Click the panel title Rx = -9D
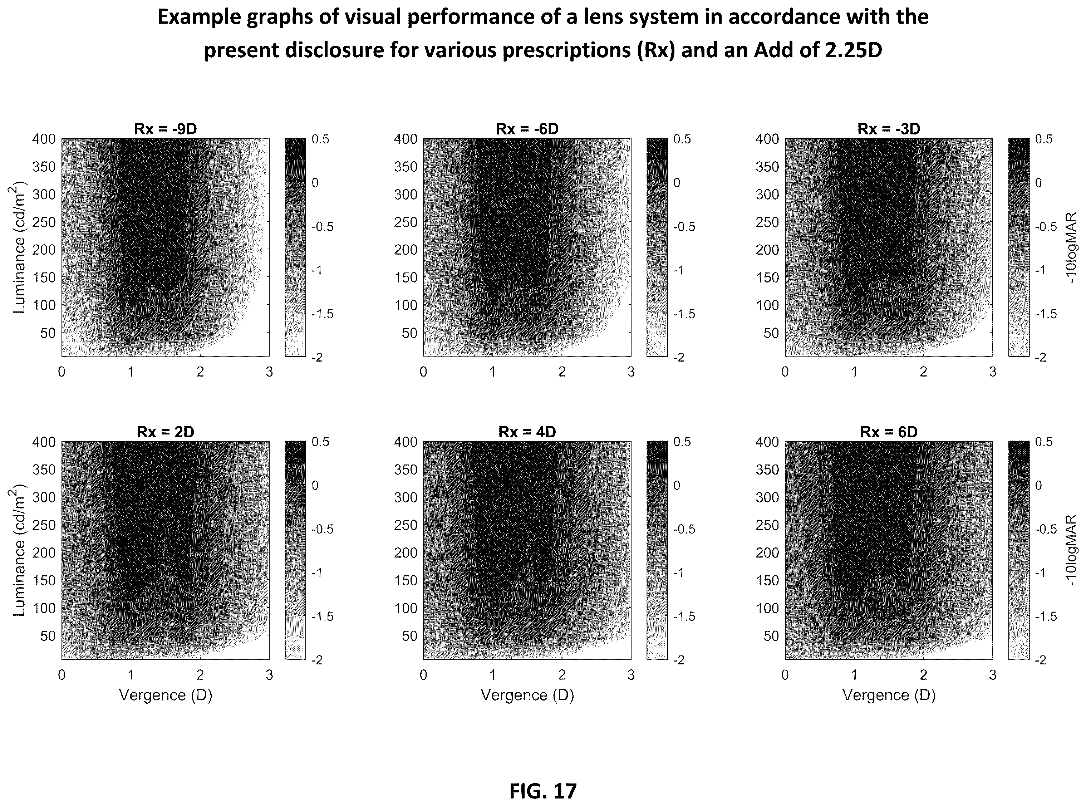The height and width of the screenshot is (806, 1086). pyautogui.click(x=166, y=129)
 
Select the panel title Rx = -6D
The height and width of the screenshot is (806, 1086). pyautogui.click(x=527, y=129)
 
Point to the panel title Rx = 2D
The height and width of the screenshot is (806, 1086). pyautogui.click(x=166, y=432)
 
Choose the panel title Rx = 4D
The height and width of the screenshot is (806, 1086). pyautogui.click(x=527, y=432)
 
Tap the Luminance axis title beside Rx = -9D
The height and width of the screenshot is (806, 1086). pyautogui.click(x=19, y=247)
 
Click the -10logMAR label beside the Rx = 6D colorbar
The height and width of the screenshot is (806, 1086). pyautogui.click(x=1071, y=551)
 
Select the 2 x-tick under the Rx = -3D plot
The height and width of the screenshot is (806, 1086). pyautogui.click(x=923, y=372)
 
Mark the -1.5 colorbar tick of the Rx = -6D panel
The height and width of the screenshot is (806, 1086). pyautogui.click(x=684, y=314)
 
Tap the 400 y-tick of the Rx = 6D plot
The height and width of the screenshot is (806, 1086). pyautogui.click(x=767, y=442)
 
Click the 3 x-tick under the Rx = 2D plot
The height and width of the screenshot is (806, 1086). pyautogui.click(x=269, y=675)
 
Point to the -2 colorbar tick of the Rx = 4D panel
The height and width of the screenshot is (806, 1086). pyautogui.click(x=679, y=660)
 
